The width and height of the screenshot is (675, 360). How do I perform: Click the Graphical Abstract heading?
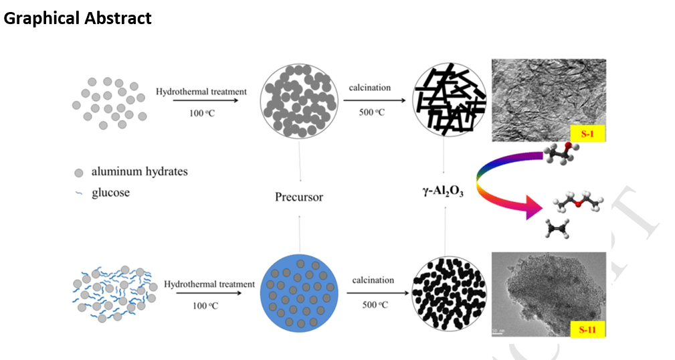point(78,19)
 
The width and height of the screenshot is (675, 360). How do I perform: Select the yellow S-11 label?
point(587,329)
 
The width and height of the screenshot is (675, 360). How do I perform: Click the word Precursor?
point(299,197)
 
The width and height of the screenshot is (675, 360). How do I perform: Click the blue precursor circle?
point(299,292)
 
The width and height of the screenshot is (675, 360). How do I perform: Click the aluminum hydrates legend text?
point(139,172)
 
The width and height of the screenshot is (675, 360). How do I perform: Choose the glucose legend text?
point(110,193)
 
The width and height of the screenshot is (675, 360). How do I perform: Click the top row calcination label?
point(369,88)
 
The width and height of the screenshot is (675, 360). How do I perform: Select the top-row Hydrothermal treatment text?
point(201,92)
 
